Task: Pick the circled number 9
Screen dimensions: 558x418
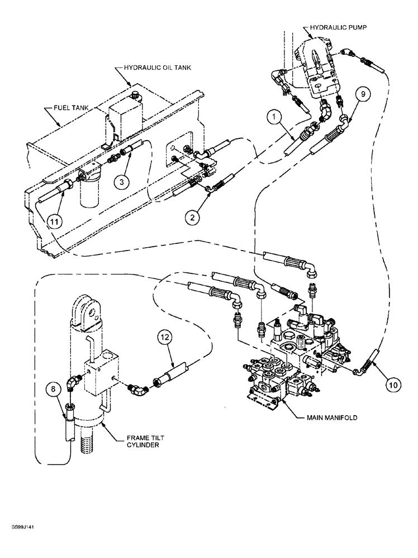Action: [362, 95]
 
